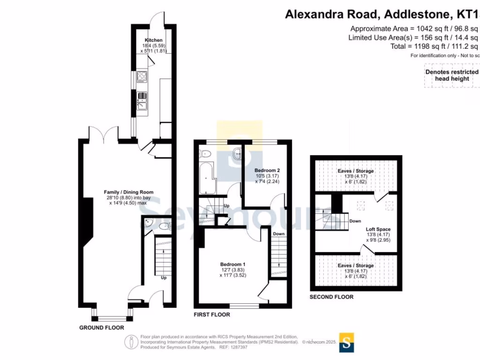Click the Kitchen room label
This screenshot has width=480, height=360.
coord(153,40)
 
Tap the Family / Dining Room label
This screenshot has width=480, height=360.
coord(128,192)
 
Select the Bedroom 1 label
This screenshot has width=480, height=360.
coord(232,264)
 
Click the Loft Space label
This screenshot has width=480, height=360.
coord(378,230)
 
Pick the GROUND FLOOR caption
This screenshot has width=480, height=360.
coord(101,328)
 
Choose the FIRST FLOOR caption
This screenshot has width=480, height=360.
coord(212,315)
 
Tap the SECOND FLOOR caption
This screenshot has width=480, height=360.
coord(331,297)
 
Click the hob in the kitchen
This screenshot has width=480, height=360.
coord(142,76)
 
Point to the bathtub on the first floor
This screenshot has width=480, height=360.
coord(207,178)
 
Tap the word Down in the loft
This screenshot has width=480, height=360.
coord(355,221)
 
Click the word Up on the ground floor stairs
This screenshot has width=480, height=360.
coord(164,277)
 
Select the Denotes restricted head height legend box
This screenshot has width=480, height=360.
coord(451,75)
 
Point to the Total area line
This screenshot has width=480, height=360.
coord(434,46)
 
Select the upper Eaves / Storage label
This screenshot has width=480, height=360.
coord(356,171)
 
